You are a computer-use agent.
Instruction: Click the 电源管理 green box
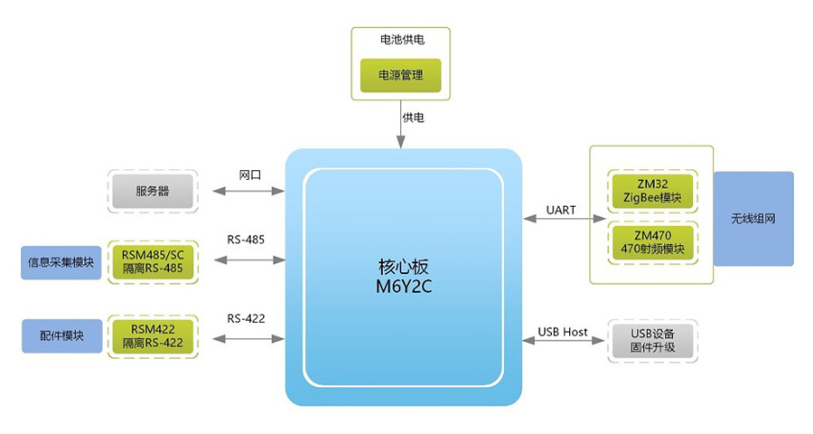(x=400, y=75)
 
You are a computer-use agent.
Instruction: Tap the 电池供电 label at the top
(x=400, y=41)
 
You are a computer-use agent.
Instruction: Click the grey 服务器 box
(x=152, y=191)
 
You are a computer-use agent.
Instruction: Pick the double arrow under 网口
(x=248, y=191)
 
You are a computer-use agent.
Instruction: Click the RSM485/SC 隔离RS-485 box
(x=152, y=261)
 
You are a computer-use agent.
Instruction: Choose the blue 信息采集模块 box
(x=61, y=262)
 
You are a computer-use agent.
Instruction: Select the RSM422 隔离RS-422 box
(x=152, y=336)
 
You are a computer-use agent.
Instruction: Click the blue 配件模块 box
(x=61, y=335)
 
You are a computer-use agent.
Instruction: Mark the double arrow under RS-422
(x=248, y=339)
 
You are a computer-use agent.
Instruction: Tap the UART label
(x=560, y=210)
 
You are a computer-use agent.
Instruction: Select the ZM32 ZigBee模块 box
(x=651, y=190)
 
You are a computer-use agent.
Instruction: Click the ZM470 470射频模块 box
(x=651, y=242)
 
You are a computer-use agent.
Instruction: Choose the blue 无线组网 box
(x=752, y=219)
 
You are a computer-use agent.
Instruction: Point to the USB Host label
(x=563, y=332)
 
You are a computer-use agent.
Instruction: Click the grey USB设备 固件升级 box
(x=651, y=341)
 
